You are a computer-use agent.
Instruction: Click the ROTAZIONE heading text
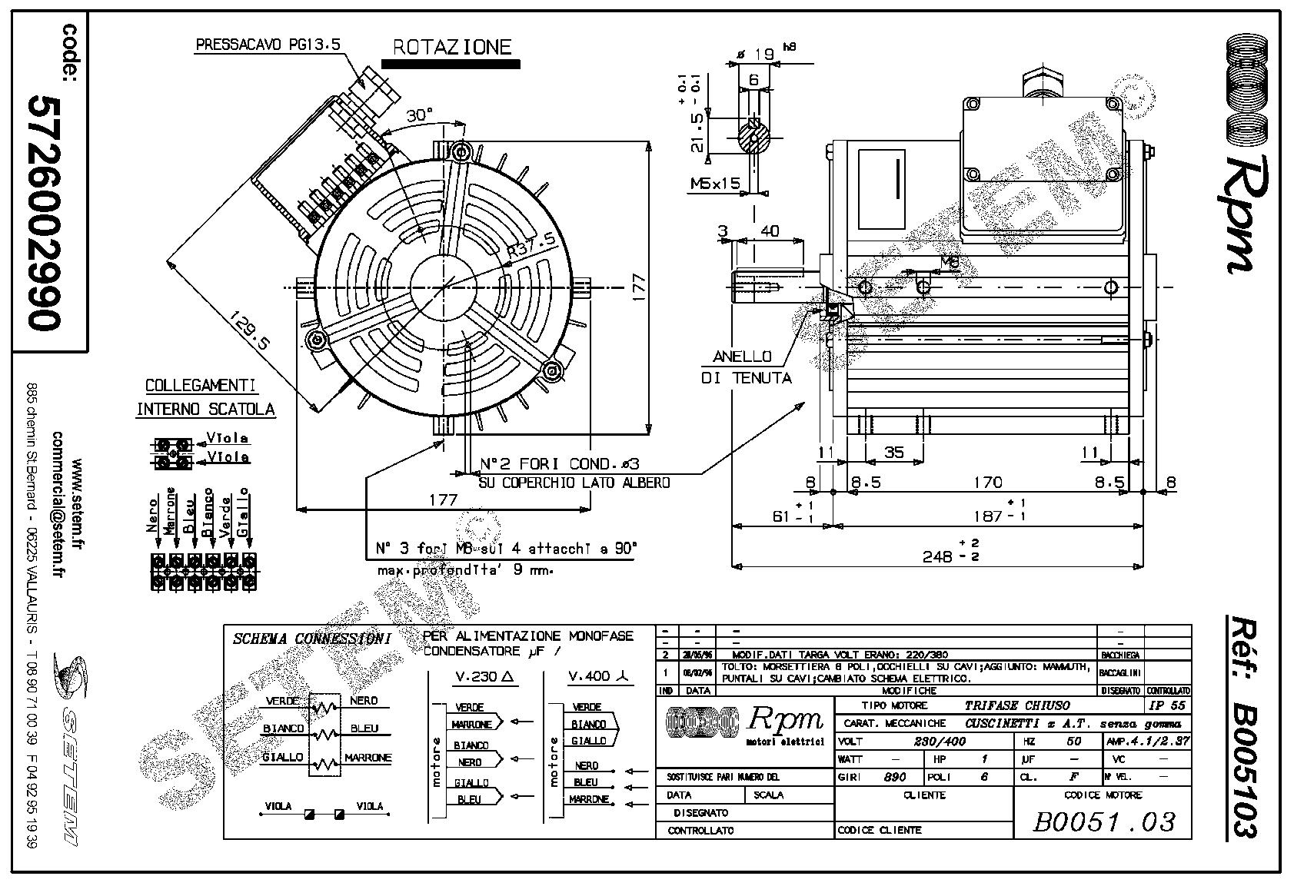pyautogui.click(x=451, y=47)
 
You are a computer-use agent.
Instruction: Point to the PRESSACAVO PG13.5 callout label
pyautogui.click(x=267, y=45)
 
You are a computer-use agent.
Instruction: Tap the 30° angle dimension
pyautogui.click(x=419, y=115)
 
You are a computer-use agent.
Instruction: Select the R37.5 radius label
pyautogui.click(x=531, y=245)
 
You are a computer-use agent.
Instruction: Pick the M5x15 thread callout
pyautogui.click(x=714, y=184)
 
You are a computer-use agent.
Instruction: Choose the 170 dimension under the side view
pyautogui.click(x=987, y=483)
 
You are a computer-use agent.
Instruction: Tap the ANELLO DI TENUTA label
pyautogui.click(x=745, y=367)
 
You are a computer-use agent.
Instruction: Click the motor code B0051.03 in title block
pyautogui.click(x=1103, y=822)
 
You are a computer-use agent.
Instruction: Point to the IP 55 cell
pyautogui.click(x=1166, y=705)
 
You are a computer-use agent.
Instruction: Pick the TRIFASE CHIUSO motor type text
pyautogui.click(x=1016, y=705)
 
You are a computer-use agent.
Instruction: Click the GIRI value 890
pyautogui.click(x=894, y=777)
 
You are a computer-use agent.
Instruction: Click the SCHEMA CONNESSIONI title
pyautogui.click(x=311, y=639)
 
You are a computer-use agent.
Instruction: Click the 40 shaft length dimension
pyautogui.click(x=769, y=231)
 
